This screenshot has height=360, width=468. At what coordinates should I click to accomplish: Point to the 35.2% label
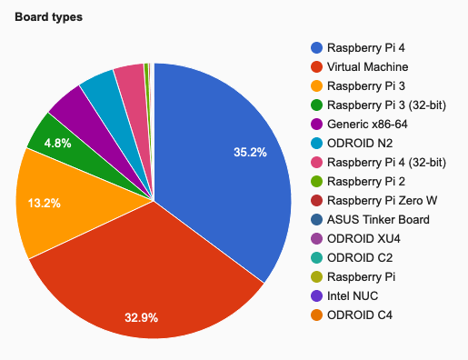point(250,153)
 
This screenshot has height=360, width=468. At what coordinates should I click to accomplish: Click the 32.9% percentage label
point(142,317)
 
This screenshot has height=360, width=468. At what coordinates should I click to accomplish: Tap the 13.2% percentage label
point(44,204)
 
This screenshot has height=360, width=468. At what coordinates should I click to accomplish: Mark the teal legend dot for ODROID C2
point(316,257)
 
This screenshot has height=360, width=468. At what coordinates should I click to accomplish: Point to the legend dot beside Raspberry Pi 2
point(316,181)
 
